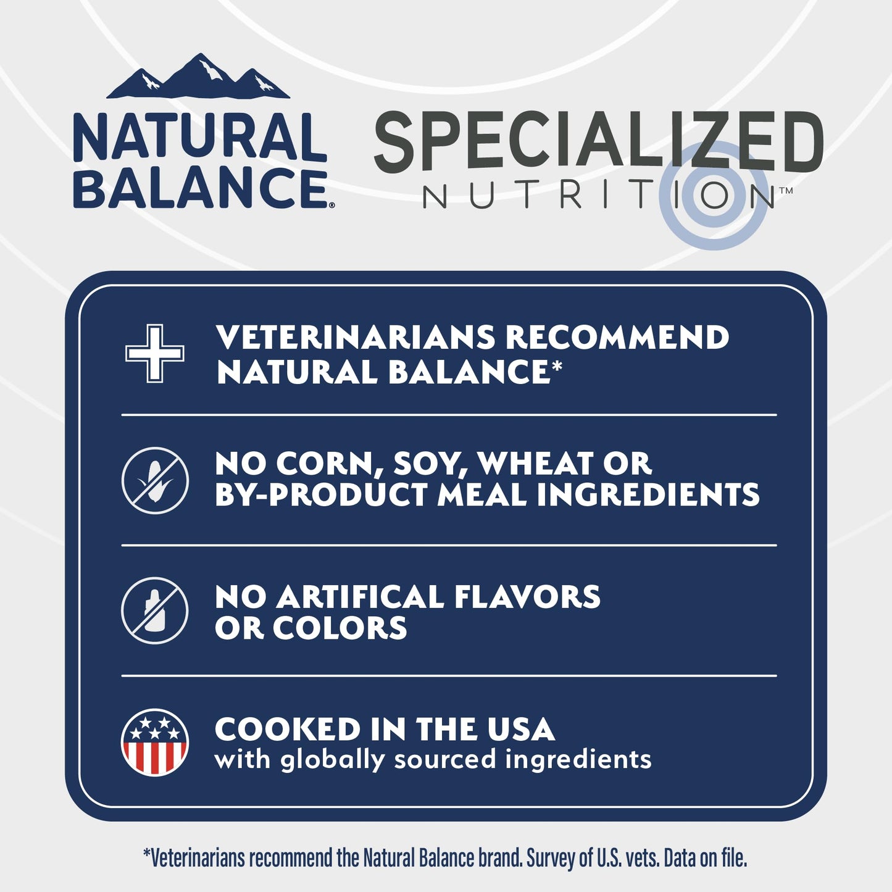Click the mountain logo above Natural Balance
(x=198, y=77)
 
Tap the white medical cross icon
(x=154, y=353)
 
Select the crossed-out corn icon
(x=154, y=480)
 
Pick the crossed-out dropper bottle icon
(x=154, y=611)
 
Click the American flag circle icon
(x=154, y=742)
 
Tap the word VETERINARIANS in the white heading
(x=356, y=338)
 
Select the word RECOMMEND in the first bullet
(x=617, y=338)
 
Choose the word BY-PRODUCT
(x=321, y=495)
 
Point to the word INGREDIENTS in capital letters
(x=648, y=495)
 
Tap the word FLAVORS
(x=527, y=597)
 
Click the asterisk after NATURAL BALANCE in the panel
(x=557, y=367)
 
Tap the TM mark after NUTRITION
(x=785, y=191)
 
